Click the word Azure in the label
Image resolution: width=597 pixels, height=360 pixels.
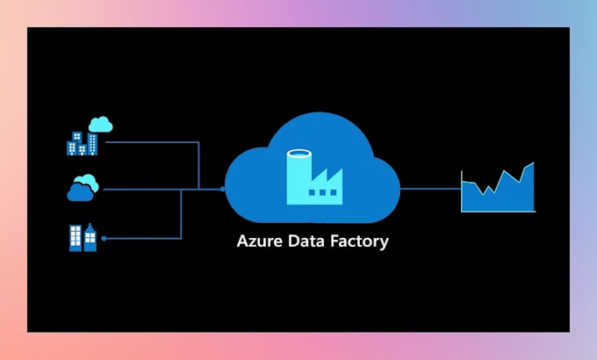click(x=260, y=241)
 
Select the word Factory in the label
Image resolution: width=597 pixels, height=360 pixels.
click(x=360, y=241)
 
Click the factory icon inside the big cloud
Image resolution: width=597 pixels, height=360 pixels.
click(x=313, y=176)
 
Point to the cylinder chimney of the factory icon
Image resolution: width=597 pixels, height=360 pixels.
click(x=298, y=171)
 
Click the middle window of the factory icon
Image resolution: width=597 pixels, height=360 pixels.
click(x=323, y=192)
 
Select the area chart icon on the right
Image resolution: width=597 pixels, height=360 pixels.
click(x=498, y=189)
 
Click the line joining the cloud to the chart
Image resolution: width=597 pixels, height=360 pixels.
click(x=430, y=188)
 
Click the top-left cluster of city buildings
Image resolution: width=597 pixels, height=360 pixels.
click(x=81, y=143)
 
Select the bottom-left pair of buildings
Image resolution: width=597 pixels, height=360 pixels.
click(x=83, y=238)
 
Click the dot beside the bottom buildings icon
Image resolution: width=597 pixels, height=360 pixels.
click(x=104, y=238)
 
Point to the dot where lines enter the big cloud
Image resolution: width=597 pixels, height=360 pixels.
click(x=222, y=188)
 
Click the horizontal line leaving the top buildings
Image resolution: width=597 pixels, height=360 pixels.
click(x=154, y=141)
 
